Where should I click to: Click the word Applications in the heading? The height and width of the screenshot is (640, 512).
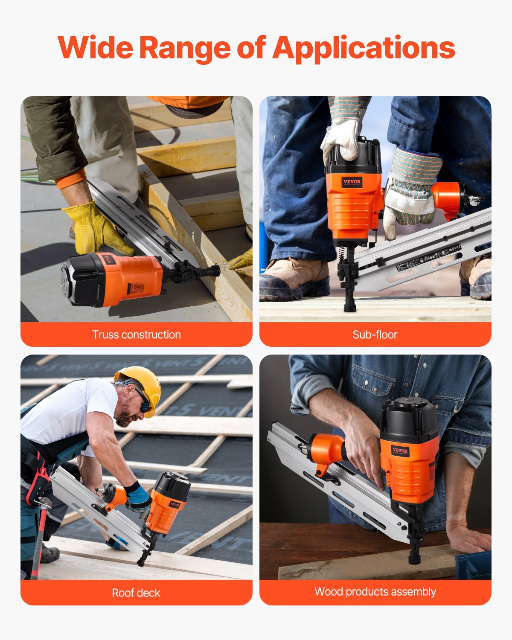[x=364, y=48]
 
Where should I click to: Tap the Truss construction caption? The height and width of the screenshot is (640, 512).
[x=137, y=335]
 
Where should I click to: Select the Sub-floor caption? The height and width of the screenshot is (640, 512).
[x=375, y=335]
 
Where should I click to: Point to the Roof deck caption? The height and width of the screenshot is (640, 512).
[x=136, y=593]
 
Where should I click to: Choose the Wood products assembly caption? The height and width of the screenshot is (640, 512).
[x=375, y=591]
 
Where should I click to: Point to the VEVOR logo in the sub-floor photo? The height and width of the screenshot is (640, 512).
[x=352, y=182]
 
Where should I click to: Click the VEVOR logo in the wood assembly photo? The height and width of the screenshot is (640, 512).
[x=400, y=451]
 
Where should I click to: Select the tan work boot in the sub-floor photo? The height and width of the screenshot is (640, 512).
[x=294, y=277]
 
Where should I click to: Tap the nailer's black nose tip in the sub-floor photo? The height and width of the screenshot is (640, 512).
[x=349, y=307]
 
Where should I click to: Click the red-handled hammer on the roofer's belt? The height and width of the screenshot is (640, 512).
[x=41, y=533]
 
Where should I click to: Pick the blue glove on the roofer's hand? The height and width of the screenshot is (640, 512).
[x=139, y=497]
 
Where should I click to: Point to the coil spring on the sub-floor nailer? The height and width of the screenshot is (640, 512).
[x=342, y=256]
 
